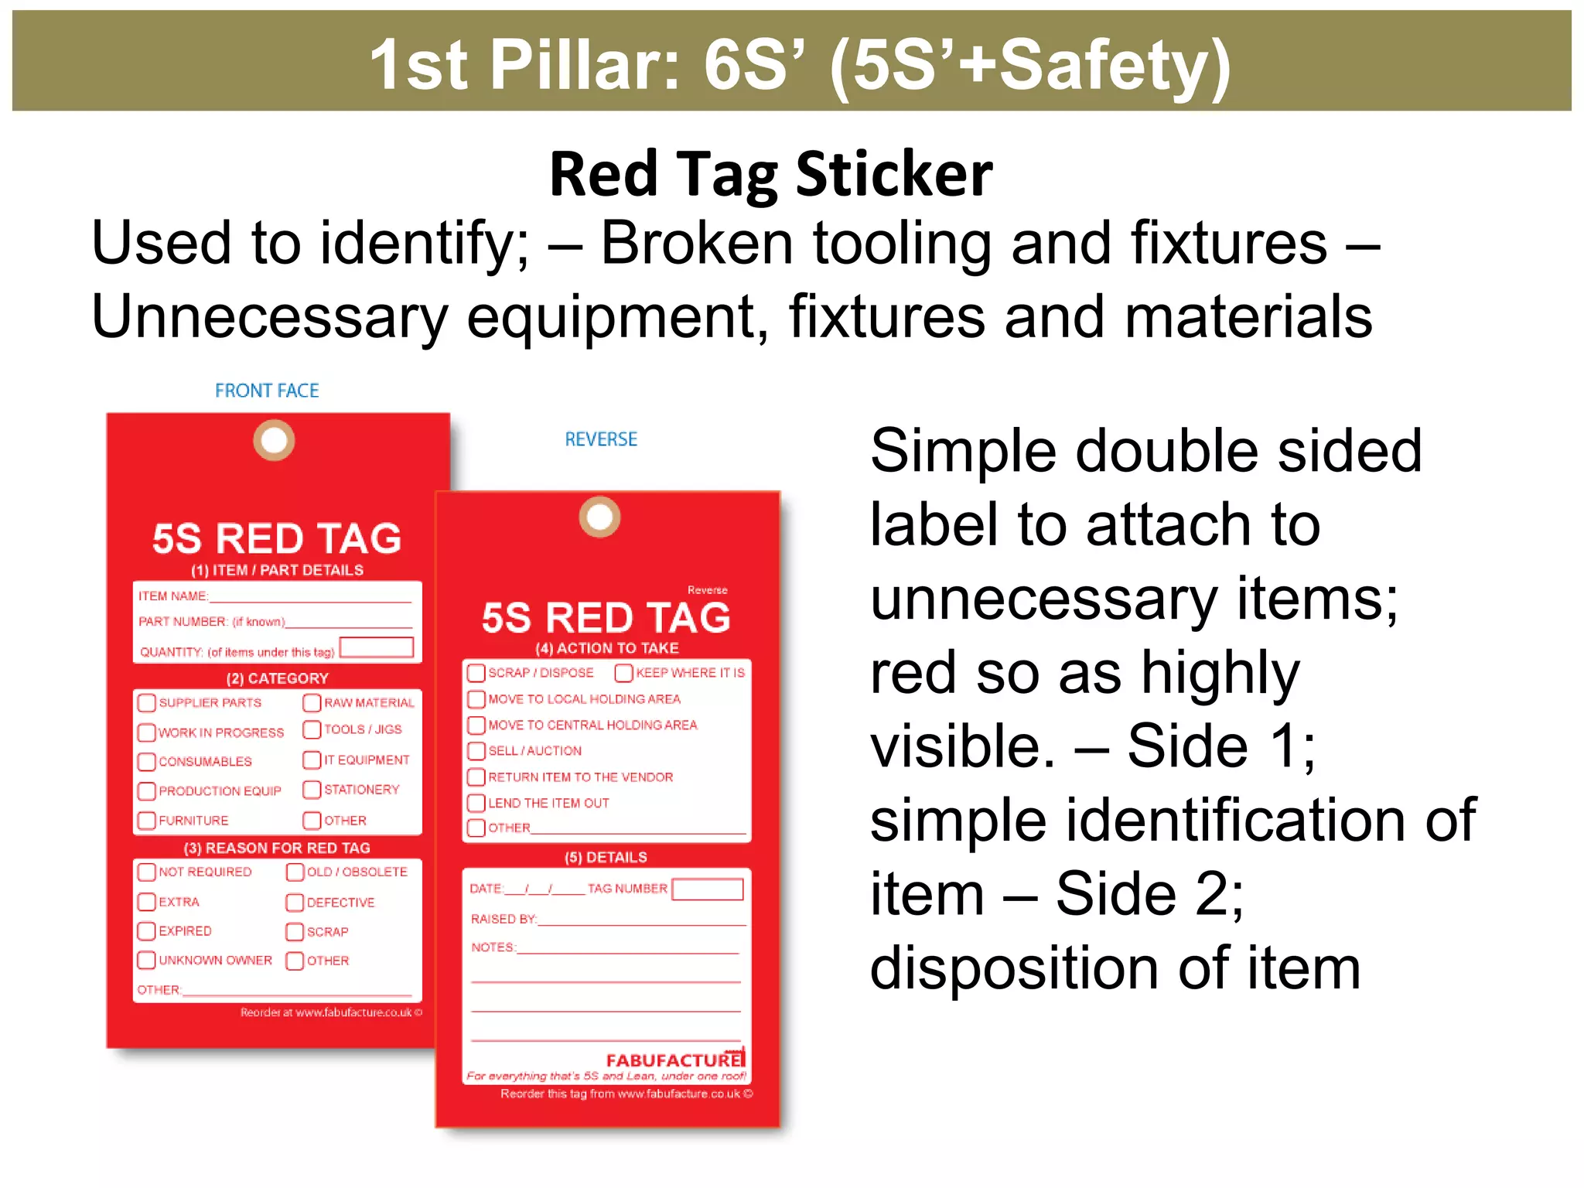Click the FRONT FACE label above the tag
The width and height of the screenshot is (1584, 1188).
(267, 391)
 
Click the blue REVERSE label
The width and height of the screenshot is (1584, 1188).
(601, 439)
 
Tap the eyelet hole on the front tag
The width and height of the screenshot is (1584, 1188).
(274, 441)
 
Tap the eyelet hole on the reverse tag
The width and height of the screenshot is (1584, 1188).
(599, 517)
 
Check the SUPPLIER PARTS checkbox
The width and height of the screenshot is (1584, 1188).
(146, 702)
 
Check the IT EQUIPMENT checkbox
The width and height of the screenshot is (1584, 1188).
(312, 760)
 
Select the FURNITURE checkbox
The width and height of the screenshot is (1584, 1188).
(146, 820)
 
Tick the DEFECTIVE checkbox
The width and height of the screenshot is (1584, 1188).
(295, 902)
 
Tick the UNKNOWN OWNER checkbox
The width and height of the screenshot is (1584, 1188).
(146, 960)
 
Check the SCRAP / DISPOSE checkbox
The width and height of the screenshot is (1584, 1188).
(476, 673)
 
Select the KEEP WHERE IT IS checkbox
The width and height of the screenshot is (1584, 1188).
(623, 673)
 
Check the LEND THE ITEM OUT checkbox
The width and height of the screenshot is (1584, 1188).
(476, 803)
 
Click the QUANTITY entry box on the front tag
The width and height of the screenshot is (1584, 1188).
(377, 647)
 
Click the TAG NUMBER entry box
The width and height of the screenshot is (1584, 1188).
(708, 889)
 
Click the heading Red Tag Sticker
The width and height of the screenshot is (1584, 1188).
(770, 174)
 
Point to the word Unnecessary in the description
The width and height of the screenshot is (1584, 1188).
(269, 316)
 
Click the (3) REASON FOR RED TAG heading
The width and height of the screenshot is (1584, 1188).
(277, 848)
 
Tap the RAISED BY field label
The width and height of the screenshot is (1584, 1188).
(504, 919)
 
